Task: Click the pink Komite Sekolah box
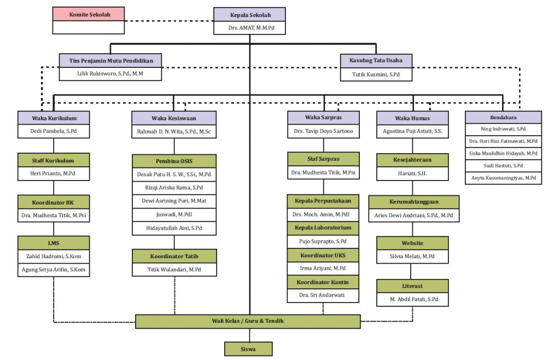(89, 14)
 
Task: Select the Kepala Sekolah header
(250, 14)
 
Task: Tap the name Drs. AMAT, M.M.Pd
(250, 27)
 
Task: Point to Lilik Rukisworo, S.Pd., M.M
(110, 73)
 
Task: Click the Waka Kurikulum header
(53, 118)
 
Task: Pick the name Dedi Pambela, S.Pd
(53, 131)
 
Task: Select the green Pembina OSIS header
(174, 161)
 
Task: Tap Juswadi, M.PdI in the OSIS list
(174, 214)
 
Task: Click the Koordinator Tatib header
(174, 256)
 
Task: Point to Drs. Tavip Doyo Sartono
(323, 131)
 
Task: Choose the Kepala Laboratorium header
(323, 228)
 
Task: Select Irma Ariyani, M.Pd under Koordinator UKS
(323, 269)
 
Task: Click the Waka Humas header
(412, 118)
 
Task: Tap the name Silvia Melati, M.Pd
(412, 257)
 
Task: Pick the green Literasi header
(412, 286)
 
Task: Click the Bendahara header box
(503, 117)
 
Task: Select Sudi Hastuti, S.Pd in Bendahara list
(503, 165)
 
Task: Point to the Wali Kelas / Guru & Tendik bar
(248, 321)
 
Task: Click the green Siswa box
(248, 349)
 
